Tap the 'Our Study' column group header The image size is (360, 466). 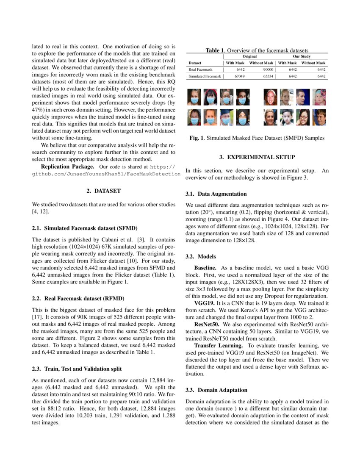(x=302, y=56)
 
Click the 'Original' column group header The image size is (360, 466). (x=249, y=56)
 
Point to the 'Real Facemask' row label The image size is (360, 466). (x=200, y=69)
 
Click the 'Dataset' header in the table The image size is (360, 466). (x=195, y=63)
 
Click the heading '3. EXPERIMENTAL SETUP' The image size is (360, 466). (x=257, y=158)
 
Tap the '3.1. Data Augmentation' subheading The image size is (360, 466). (x=216, y=194)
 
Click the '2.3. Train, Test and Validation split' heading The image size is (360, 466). (x=77, y=369)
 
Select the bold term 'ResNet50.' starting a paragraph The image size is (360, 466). (x=207, y=324)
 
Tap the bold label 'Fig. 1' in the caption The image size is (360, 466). (x=197, y=138)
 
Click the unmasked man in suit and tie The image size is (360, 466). (x=303, y=97)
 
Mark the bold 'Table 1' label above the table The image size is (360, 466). (x=215, y=50)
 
